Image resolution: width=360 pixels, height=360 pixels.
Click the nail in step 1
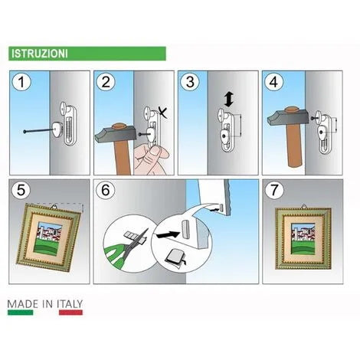[x=38, y=132]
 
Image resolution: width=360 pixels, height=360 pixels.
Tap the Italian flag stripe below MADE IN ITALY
[x=45, y=313]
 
